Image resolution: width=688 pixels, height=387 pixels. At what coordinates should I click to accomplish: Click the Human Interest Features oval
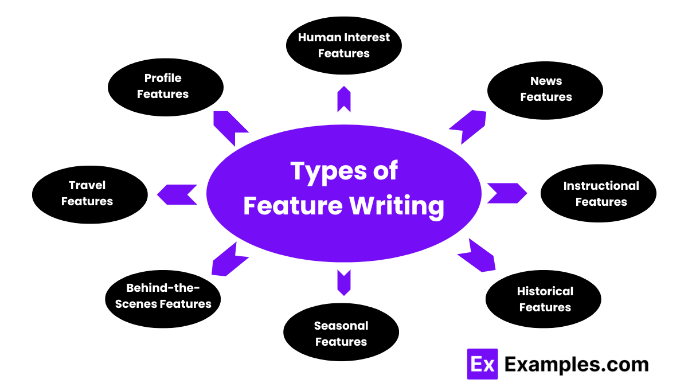coord(344,45)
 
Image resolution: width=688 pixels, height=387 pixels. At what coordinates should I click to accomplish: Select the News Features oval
coord(545,89)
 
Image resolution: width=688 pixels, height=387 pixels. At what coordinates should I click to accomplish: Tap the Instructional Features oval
coord(599,194)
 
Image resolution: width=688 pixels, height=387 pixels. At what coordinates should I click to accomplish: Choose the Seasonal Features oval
coord(341,334)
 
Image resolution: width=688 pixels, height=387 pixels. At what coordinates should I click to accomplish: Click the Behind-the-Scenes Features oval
coord(163,296)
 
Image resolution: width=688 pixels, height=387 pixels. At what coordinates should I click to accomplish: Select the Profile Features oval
coord(166,86)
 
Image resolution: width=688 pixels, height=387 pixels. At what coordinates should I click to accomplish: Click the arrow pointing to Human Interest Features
coord(344,100)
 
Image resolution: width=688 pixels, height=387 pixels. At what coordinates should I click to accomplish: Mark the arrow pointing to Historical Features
coord(476,256)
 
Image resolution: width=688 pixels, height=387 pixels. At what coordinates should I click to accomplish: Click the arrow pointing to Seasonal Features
coord(344,282)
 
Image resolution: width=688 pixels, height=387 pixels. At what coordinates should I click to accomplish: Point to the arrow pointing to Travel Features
coord(178,194)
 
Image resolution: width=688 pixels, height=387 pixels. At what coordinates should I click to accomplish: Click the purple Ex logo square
coord(482,364)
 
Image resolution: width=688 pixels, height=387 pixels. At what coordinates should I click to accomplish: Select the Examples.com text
coord(576,364)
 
